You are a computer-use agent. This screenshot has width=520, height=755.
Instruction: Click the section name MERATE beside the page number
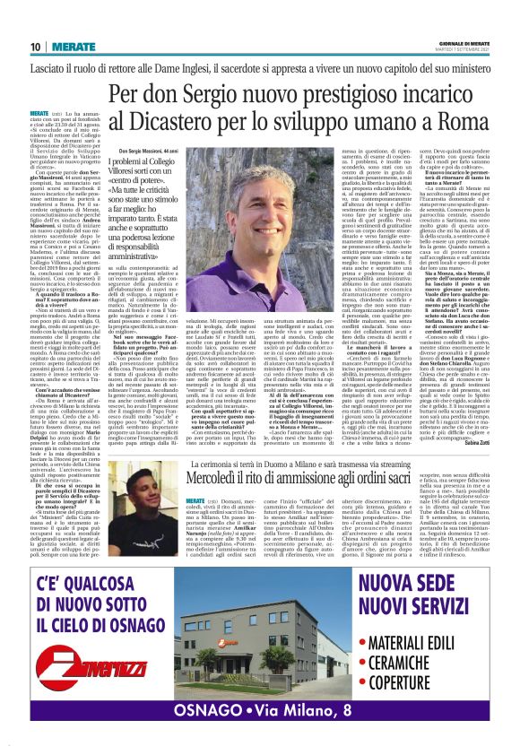[68, 47]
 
